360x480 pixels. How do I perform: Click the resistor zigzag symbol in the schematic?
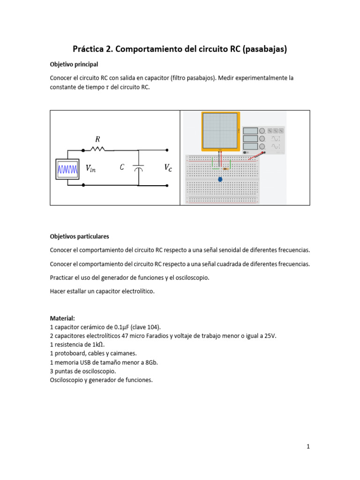(x=98, y=150)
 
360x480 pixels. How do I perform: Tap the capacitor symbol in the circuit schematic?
(x=138, y=168)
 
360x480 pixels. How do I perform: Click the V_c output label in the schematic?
(x=167, y=167)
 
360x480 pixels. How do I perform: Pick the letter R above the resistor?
(x=97, y=139)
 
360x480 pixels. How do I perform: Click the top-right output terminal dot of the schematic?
(x=166, y=150)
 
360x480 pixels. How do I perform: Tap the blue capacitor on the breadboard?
(x=220, y=179)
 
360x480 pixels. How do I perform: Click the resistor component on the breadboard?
(x=227, y=168)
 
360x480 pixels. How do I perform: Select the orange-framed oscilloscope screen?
(x=221, y=131)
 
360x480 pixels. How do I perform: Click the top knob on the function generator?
(x=262, y=131)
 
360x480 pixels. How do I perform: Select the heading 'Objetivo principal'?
(x=74, y=64)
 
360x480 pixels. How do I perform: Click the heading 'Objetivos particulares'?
(x=79, y=236)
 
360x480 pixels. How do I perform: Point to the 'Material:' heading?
(x=62, y=318)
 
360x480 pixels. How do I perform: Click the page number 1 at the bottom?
(x=308, y=447)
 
